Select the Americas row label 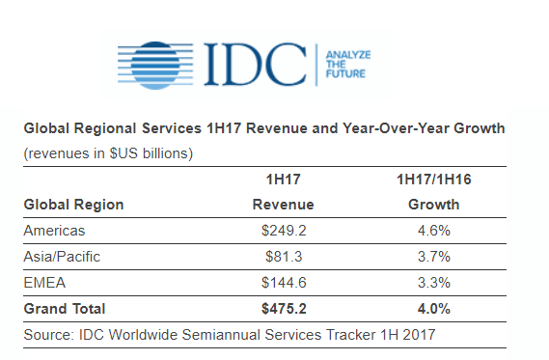click(55, 231)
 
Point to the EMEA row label click(43, 283)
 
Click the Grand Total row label click(64, 309)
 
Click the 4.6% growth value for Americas click(433, 231)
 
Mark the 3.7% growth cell click(433, 257)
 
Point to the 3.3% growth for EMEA click(433, 283)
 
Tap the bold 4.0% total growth click(433, 309)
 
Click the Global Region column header click(73, 205)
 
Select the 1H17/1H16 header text click(433, 180)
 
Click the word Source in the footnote click(47, 334)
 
